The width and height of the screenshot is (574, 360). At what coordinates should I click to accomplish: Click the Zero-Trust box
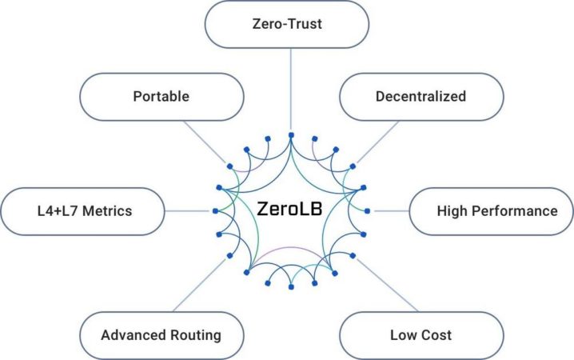287,24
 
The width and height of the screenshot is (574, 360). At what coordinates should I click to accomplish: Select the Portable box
161,97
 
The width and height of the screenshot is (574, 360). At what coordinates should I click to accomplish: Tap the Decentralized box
421,97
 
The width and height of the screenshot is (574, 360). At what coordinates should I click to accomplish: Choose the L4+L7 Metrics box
82,211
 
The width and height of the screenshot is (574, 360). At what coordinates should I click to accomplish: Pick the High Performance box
492,211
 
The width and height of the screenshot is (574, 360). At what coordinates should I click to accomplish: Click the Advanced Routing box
161,335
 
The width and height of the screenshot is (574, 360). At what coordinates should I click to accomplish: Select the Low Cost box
421,335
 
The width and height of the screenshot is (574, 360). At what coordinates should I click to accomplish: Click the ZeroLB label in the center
289,209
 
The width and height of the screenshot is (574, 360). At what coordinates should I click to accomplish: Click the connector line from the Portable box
205,142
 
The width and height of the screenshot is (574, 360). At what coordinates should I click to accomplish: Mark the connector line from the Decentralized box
378,142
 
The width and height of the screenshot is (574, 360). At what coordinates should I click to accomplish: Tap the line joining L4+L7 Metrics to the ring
187,211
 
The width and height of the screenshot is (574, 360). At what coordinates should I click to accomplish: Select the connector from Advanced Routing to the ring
200,285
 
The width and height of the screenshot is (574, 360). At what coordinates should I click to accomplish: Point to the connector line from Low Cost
387,285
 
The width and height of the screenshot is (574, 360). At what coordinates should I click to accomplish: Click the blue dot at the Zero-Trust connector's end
291,135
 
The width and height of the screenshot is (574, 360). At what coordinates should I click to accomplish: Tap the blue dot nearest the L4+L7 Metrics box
215,211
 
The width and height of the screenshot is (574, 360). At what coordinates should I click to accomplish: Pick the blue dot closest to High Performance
367,211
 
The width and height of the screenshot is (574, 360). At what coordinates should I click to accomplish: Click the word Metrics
107,211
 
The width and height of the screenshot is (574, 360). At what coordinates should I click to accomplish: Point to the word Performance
515,211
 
